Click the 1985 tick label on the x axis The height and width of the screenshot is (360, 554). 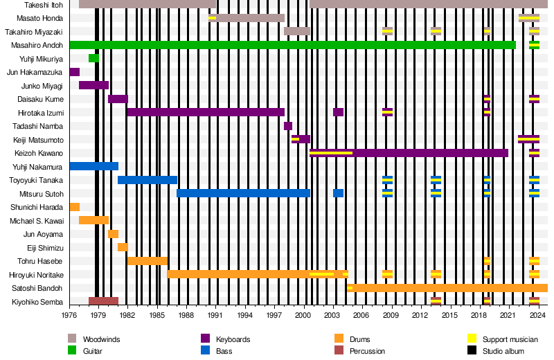(157, 316)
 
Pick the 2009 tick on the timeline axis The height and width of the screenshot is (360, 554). (392, 316)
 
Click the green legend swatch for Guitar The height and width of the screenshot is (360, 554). (72, 351)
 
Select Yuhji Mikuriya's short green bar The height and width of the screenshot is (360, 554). (93, 58)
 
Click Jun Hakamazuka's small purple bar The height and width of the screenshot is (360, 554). (75, 72)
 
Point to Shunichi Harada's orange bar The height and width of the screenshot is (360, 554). (75, 207)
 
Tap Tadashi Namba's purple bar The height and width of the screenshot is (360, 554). (288, 126)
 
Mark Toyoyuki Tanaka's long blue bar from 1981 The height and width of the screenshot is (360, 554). (148, 180)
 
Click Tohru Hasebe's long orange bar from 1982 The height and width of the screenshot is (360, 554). (147, 261)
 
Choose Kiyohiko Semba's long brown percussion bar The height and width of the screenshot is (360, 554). (103, 301)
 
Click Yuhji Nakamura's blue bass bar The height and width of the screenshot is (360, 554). (93, 166)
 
